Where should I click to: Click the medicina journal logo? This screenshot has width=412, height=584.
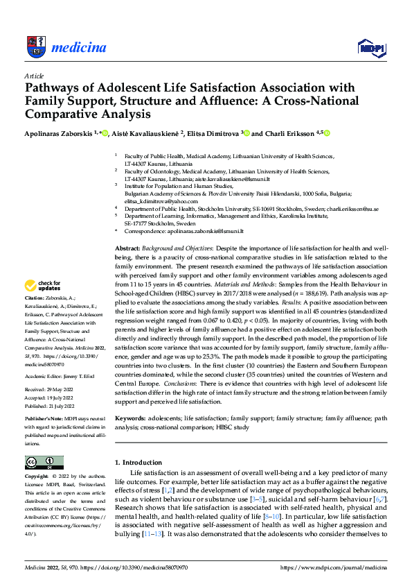[x=65, y=46]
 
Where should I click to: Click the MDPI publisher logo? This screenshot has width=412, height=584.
[x=370, y=46]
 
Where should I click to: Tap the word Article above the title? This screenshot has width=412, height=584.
[x=34, y=75]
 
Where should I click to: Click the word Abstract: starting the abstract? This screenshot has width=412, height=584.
[x=127, y=247]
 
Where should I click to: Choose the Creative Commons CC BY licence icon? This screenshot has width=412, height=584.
[x=44, y=463]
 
